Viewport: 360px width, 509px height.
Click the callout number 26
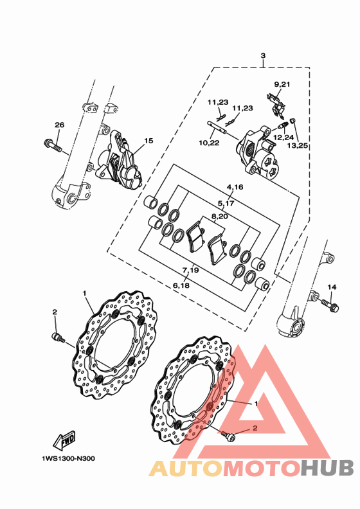click(59, 125)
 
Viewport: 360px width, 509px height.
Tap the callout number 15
click(148, 141)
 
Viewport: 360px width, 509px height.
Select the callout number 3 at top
click(263, 55)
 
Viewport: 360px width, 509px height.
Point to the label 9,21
click(282, 84)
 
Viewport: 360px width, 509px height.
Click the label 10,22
click(209, 143)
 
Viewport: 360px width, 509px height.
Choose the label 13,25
click(298, 145)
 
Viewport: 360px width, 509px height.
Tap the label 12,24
click(283, 138)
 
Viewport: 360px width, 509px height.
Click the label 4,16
click(235, 187)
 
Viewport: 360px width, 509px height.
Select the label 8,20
click(220, 216)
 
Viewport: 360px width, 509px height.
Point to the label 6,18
click(181, 285)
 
